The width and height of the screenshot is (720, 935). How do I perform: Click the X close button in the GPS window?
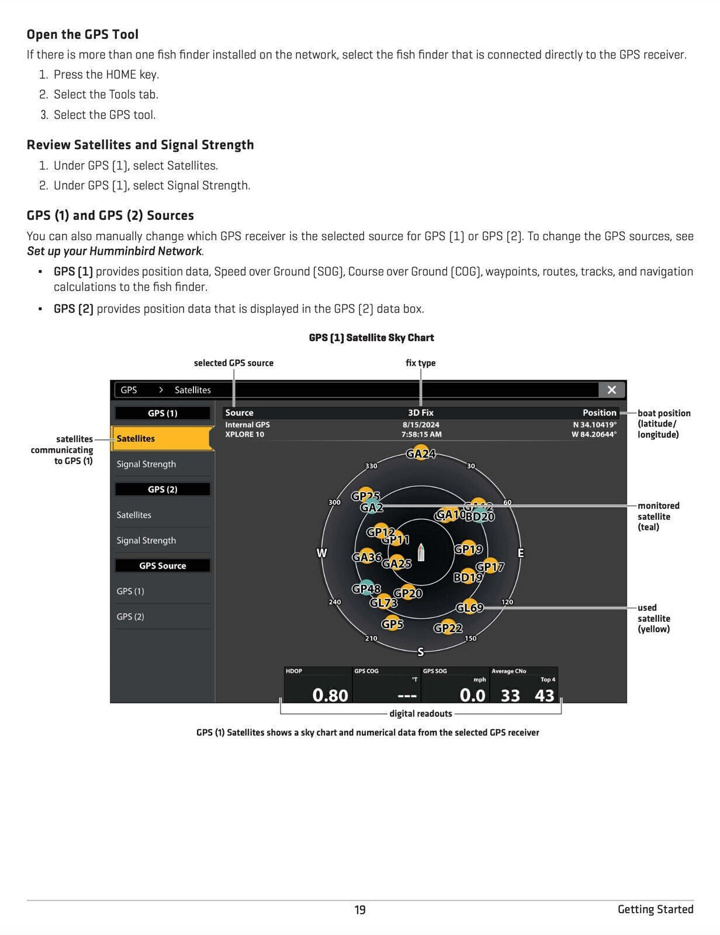point(611,390)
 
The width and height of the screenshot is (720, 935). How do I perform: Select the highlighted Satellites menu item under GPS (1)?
point(162,438)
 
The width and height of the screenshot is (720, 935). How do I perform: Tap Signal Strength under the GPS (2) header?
point(146,541)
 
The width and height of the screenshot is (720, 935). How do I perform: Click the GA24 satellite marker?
point(421,453)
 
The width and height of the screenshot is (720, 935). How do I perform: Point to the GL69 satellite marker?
point(470,608)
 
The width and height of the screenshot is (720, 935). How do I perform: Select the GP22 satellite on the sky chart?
point(448,628)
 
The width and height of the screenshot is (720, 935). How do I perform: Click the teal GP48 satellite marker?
point(365,588)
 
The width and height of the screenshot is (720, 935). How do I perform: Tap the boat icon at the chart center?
point(421,552)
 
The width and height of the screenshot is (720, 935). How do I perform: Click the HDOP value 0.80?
point(330,695)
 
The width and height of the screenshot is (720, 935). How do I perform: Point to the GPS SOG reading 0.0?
point(472,695)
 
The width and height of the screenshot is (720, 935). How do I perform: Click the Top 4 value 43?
point(544,695)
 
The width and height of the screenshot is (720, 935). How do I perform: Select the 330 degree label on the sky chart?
point(371,466)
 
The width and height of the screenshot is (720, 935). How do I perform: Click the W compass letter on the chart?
point(321,553)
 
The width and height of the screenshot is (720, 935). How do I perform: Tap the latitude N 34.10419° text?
point(594,425)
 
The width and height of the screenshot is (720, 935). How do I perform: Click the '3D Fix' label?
point(421,413)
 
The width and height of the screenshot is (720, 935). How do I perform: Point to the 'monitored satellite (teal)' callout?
point(659,516)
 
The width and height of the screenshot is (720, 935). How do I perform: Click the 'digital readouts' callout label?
point(421,714)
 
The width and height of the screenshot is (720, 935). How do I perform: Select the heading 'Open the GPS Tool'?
point(82,34)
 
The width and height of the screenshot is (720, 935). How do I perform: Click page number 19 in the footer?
point(360,910)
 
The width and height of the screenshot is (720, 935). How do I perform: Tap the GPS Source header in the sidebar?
point(162,566)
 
